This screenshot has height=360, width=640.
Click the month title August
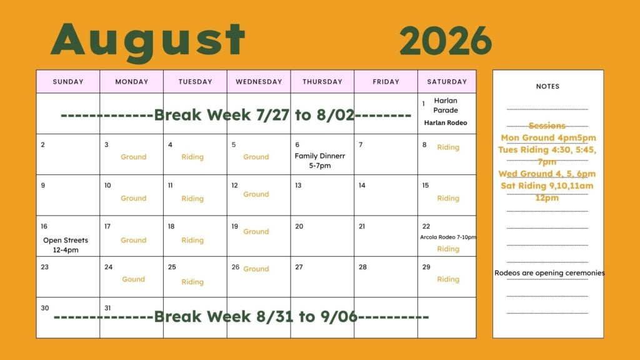(x=147, y=40)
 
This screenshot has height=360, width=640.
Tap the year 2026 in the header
(x=446, y=41)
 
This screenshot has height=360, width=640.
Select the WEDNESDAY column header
(x=259, y=82)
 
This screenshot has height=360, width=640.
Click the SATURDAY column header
(x=447, y=82)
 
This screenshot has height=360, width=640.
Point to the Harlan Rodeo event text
(x=446, y=122)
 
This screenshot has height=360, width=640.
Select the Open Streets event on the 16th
(x=66, y=245)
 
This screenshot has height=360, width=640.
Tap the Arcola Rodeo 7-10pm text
(x=448, y=237)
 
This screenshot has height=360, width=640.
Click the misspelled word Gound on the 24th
(x=134, y=279)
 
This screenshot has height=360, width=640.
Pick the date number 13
(x=298, y=185)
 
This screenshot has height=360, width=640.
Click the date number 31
(x=107, y=308)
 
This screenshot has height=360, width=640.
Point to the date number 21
(x=362, y=226)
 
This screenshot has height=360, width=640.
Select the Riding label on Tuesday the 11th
(x=192, y=198)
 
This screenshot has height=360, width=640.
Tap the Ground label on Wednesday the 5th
(x=256, y=157)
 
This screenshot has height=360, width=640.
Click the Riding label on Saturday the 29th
(x=448, y=279)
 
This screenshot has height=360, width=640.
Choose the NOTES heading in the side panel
(x=547, y=86)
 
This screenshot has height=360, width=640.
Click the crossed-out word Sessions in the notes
(x=547, y=126)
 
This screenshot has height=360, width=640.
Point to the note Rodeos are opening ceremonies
(x=549, y=272)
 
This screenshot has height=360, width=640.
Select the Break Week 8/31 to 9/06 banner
(x=241, y=316)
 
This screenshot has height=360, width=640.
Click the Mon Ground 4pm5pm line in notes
(x=548, y=137)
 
